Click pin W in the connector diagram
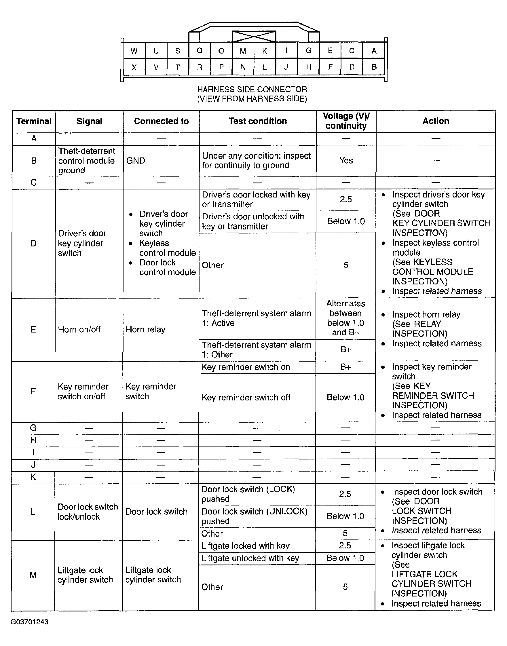[134, 51]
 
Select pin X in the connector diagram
[134, 67]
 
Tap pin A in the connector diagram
[374, 51]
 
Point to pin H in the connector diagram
[309, 67]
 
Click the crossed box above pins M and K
[254, 37]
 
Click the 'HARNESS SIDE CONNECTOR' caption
[252, 89]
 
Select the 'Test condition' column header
[258, 121]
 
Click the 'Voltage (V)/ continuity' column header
[346, 121]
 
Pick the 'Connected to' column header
[161, 121]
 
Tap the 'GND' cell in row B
[136, 161]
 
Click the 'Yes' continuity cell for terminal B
[346, 161]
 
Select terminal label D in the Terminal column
[34, 243]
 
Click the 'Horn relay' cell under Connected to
[145, 329]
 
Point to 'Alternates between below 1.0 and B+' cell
[345, 318]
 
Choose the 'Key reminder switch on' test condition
[246, 367]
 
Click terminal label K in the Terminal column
[33, 477]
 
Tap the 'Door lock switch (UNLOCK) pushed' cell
[255, 516]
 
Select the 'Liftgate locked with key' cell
[245, 546]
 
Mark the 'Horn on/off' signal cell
[79, 329]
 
